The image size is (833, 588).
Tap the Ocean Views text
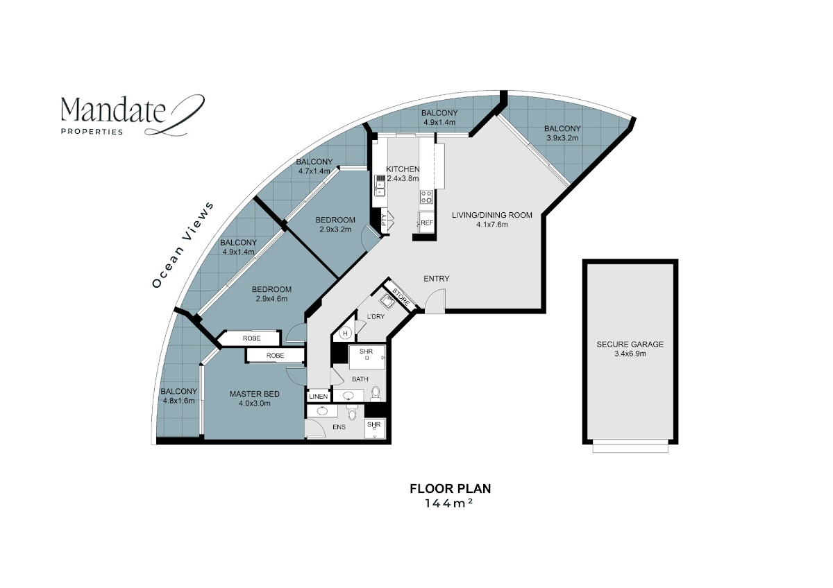[183, 244]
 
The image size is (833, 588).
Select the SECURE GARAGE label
[630, 345]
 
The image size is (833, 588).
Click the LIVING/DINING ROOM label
[492, 215]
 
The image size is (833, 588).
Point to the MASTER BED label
[254, 394]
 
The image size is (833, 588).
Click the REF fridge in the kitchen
[426, 223]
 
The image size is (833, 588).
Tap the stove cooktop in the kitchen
[426, 197]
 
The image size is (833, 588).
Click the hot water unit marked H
[345, 334]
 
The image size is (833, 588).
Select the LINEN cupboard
[319, 397]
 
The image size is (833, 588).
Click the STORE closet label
[401, 297]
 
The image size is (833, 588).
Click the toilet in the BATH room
[376, 394]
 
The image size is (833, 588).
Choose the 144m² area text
[449, 503]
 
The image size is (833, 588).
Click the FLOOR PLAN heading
[450, 488]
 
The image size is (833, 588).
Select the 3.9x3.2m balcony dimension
[562, 138]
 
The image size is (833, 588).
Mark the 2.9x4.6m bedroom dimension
[271, 299]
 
